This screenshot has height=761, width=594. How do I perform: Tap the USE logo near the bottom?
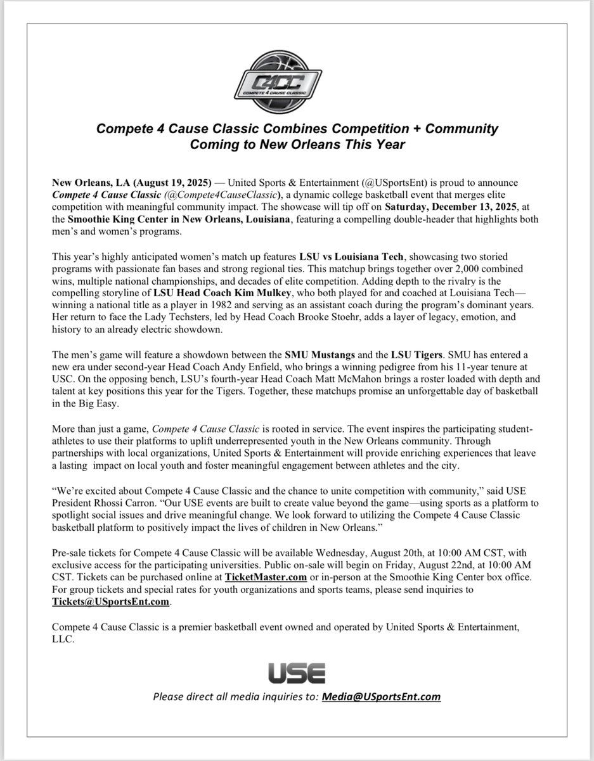coord(297,672)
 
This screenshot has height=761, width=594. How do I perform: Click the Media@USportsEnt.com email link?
coord(381,696)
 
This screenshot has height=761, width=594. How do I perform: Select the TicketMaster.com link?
coord(266,577)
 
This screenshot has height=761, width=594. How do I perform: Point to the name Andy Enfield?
coord(252,368)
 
